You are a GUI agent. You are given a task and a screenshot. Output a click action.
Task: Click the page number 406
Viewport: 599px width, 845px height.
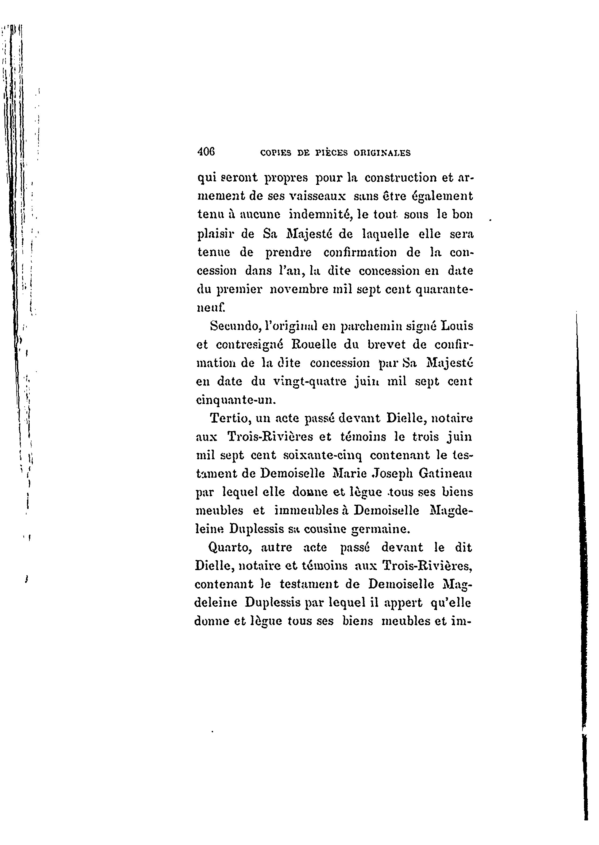pyautogui.click(x=206, y=152)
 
